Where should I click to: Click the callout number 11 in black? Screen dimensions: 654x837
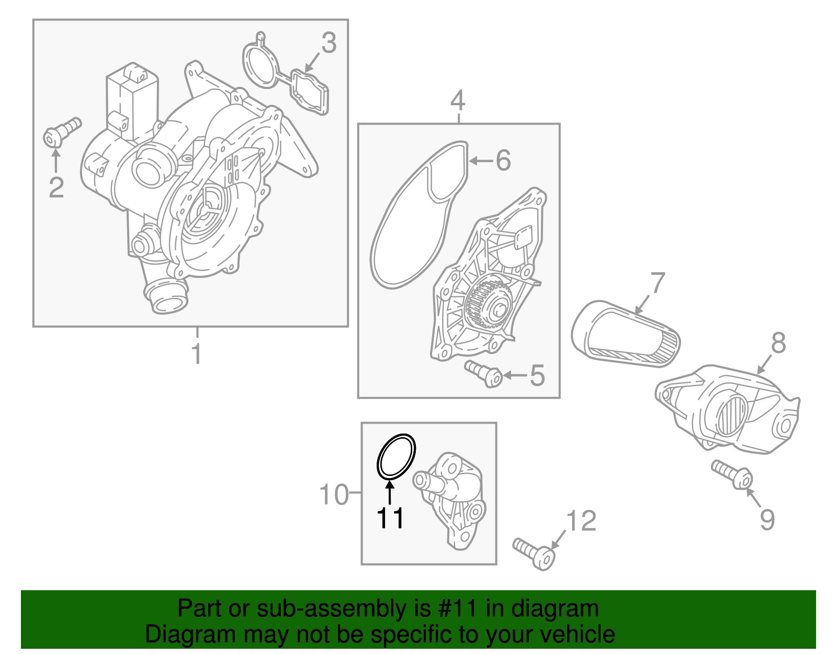[390, 518]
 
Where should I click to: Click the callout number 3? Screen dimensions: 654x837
[329, 43]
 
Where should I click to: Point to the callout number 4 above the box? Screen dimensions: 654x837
[457, 101]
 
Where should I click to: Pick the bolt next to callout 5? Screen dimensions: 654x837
[484, 373]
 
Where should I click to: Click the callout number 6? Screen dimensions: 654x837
[503, 160]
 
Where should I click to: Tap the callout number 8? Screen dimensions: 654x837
[778, 343]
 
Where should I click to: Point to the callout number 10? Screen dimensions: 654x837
[334, 494]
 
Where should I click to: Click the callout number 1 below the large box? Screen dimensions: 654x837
[197, 354]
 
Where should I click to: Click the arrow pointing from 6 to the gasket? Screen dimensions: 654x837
[481, 161]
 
